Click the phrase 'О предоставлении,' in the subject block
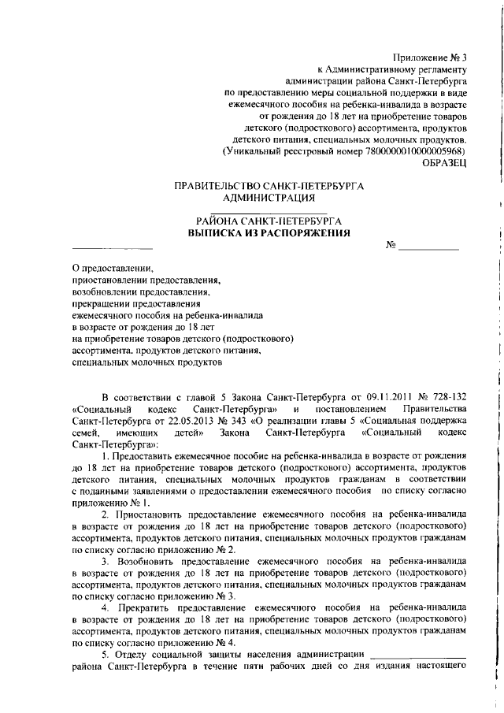[113, 268]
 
